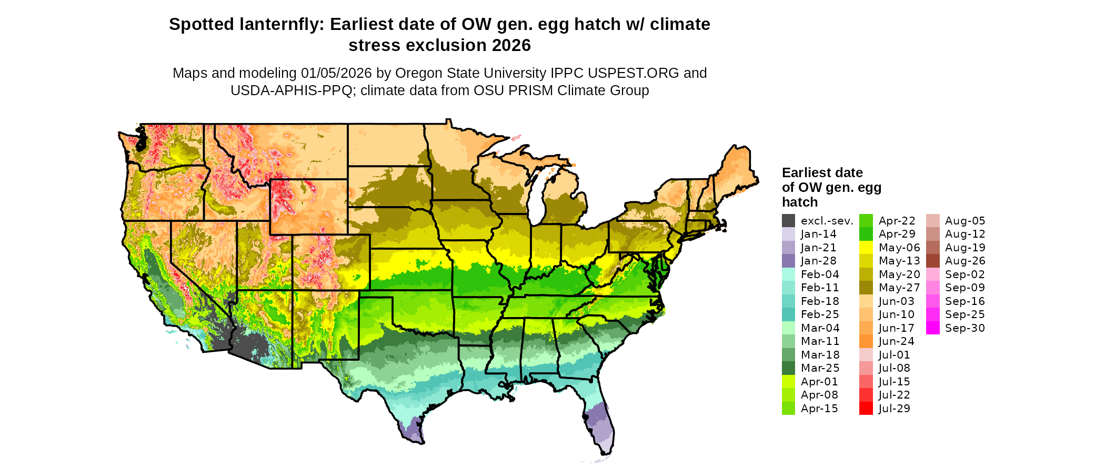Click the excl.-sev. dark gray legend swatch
pos(788,221)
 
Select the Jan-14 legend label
pos(818,234)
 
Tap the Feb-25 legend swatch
pos(788,314)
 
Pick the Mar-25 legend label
pos(820,368)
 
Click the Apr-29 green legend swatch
pos(866,234)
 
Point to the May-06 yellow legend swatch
pos(866,248)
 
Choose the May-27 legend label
pos(899,288)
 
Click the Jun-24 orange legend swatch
pos(866,341)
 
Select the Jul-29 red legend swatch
pos(866,409)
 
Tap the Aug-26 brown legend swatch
pos(933,261)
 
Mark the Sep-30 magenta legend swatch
pos(933,328)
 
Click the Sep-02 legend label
pos(965,274)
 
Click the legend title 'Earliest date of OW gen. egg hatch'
pos(831,187)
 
